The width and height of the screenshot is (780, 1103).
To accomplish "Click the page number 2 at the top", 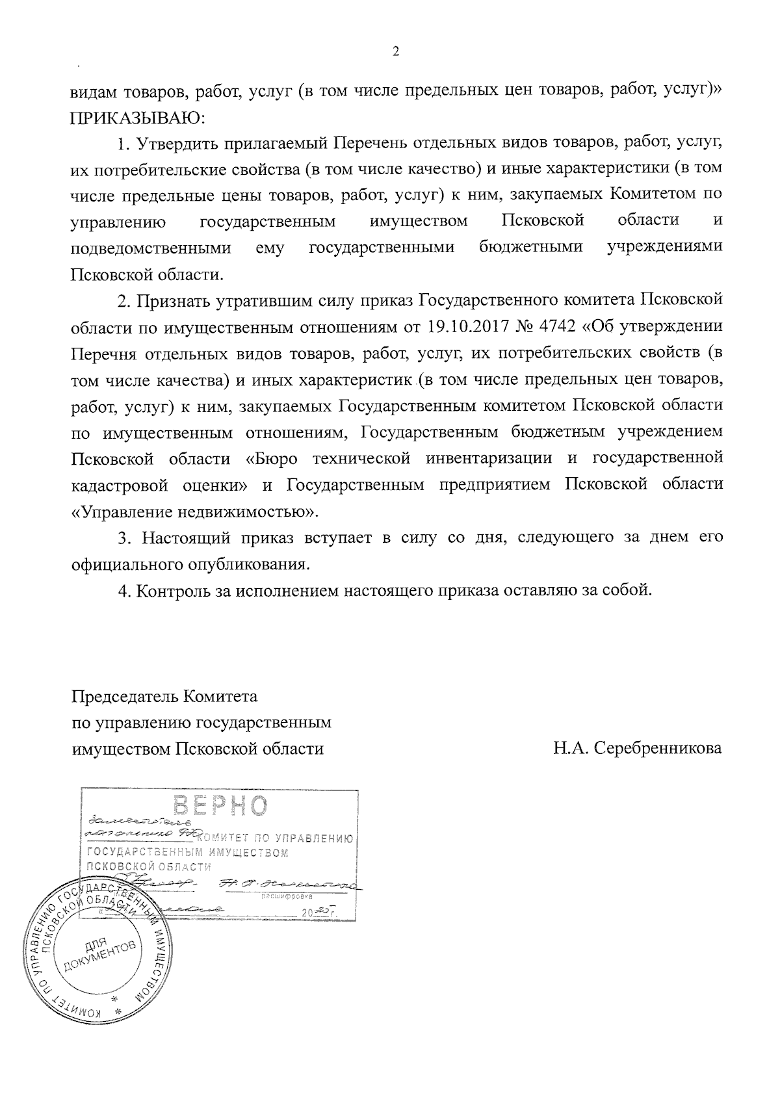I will pos(396,52).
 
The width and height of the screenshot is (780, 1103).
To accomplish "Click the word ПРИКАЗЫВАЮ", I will pos(137,118).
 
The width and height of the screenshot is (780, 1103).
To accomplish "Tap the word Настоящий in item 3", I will pos(185,538).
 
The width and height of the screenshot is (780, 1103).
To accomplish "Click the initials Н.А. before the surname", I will pos(571,748).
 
